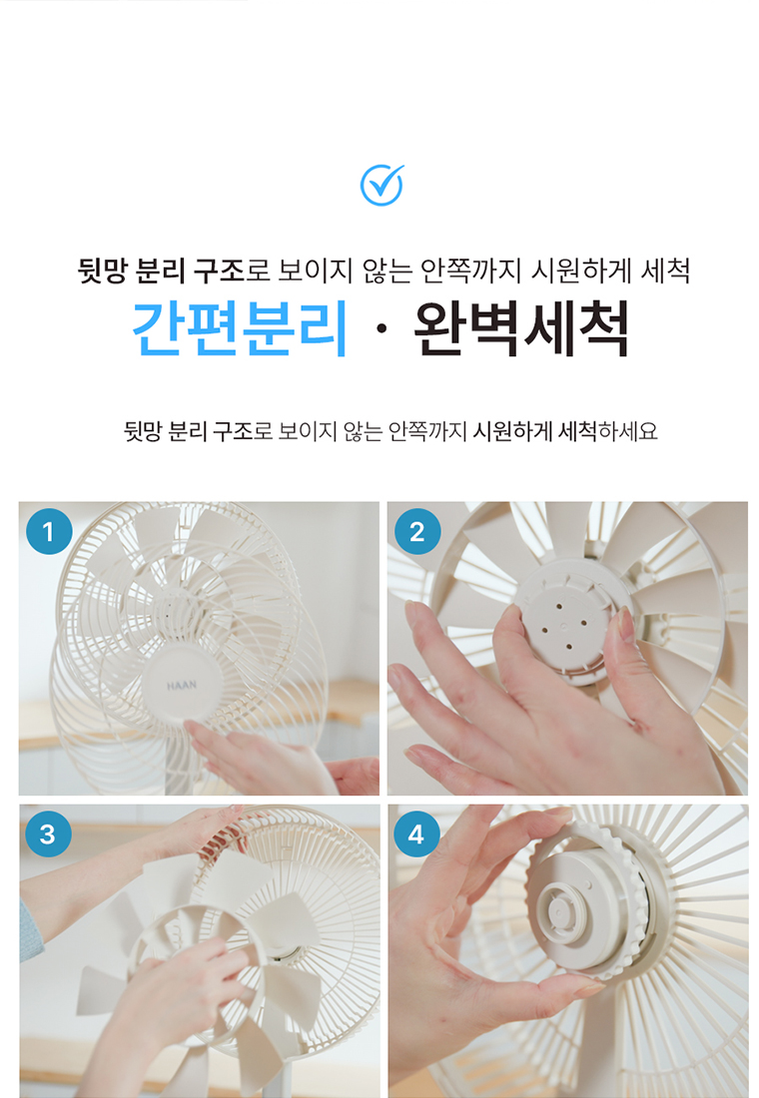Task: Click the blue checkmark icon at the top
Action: point(381,186)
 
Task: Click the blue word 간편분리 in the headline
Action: point(240,329)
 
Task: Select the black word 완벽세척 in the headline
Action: point(520,329)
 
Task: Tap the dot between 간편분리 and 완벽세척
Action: point(380,330)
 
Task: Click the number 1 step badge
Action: point(49,531)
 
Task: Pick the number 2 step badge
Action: point(417,531)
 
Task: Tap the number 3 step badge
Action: point(48,834)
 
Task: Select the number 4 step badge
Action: point(416,834)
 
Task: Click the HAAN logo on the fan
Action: point(182,686)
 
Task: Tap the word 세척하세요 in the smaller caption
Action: point(607,430)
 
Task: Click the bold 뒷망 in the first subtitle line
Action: point(102,271)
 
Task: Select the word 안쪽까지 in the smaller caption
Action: point(427,430)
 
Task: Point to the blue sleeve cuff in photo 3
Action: point(30,930)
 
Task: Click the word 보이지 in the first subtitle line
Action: point(314,271)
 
